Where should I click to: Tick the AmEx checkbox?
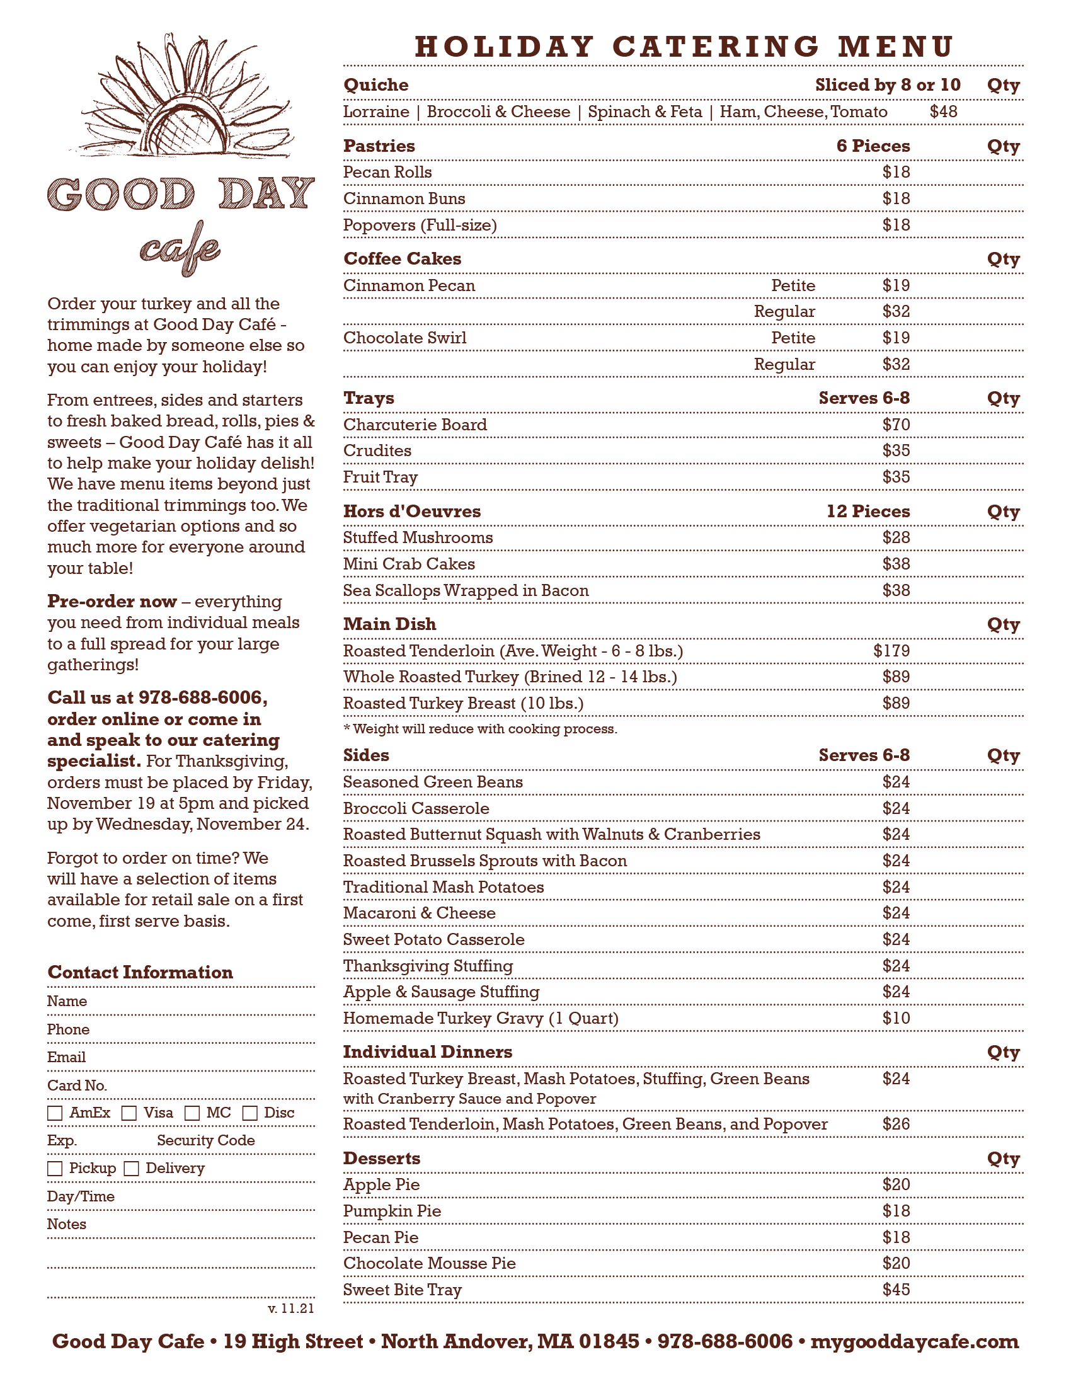[55, 1113]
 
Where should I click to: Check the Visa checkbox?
[129, 1113]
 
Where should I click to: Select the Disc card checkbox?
[250, 1113]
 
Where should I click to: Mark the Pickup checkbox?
[55, 1168]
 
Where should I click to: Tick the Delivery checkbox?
[131, 1168]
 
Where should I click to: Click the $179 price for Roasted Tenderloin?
[891, 651]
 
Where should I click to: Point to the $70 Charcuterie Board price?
[895, 425]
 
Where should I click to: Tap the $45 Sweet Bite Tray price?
[895, 1290]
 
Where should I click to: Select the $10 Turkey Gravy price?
[895, 1018]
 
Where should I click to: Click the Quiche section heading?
[375, 85]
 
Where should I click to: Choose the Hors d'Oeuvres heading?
[412, 512]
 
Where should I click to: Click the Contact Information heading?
[140, 972]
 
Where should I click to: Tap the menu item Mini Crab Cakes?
[409, 564]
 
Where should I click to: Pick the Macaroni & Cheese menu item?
[419, 913]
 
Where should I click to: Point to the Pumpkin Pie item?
[391, 1211]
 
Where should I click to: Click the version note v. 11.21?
[290, 1309]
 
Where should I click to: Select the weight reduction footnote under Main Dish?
[479, 728]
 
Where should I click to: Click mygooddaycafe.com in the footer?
[914, 1341]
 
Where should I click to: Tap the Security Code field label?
[205, 1140]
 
